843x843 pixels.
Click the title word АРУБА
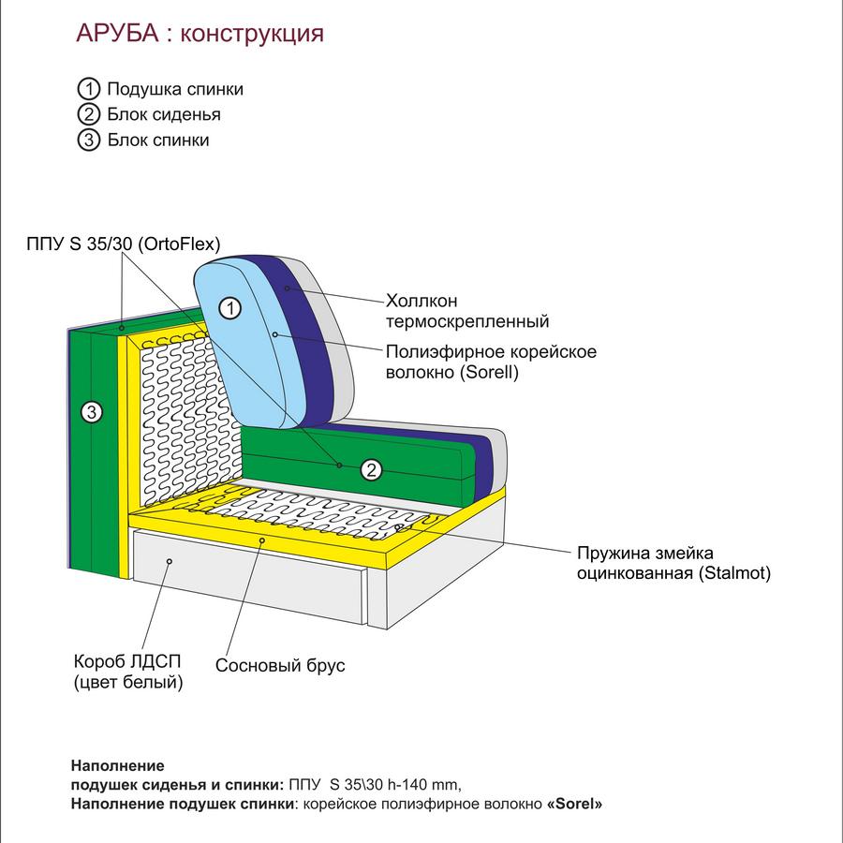click(118, 34)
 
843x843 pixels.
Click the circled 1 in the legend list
click(89, 89)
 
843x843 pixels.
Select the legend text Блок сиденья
click(164, 114)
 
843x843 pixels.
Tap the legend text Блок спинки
click(158, 140)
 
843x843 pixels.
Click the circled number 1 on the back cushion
click(230, 308)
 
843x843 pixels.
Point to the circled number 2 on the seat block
click(371, 470)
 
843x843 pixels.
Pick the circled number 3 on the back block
click(92, 412)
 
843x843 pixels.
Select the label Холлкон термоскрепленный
click(467, 311)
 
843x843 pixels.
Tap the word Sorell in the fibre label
click(489, 372)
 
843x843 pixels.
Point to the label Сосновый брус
click(280, 666)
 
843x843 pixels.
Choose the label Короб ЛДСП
click(127, 661)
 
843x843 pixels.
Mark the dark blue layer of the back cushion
click(306, 339)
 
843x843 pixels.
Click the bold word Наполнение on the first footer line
click(118, 765)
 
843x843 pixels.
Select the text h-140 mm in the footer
click(424, 785)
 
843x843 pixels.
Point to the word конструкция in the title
click(252, 35)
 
